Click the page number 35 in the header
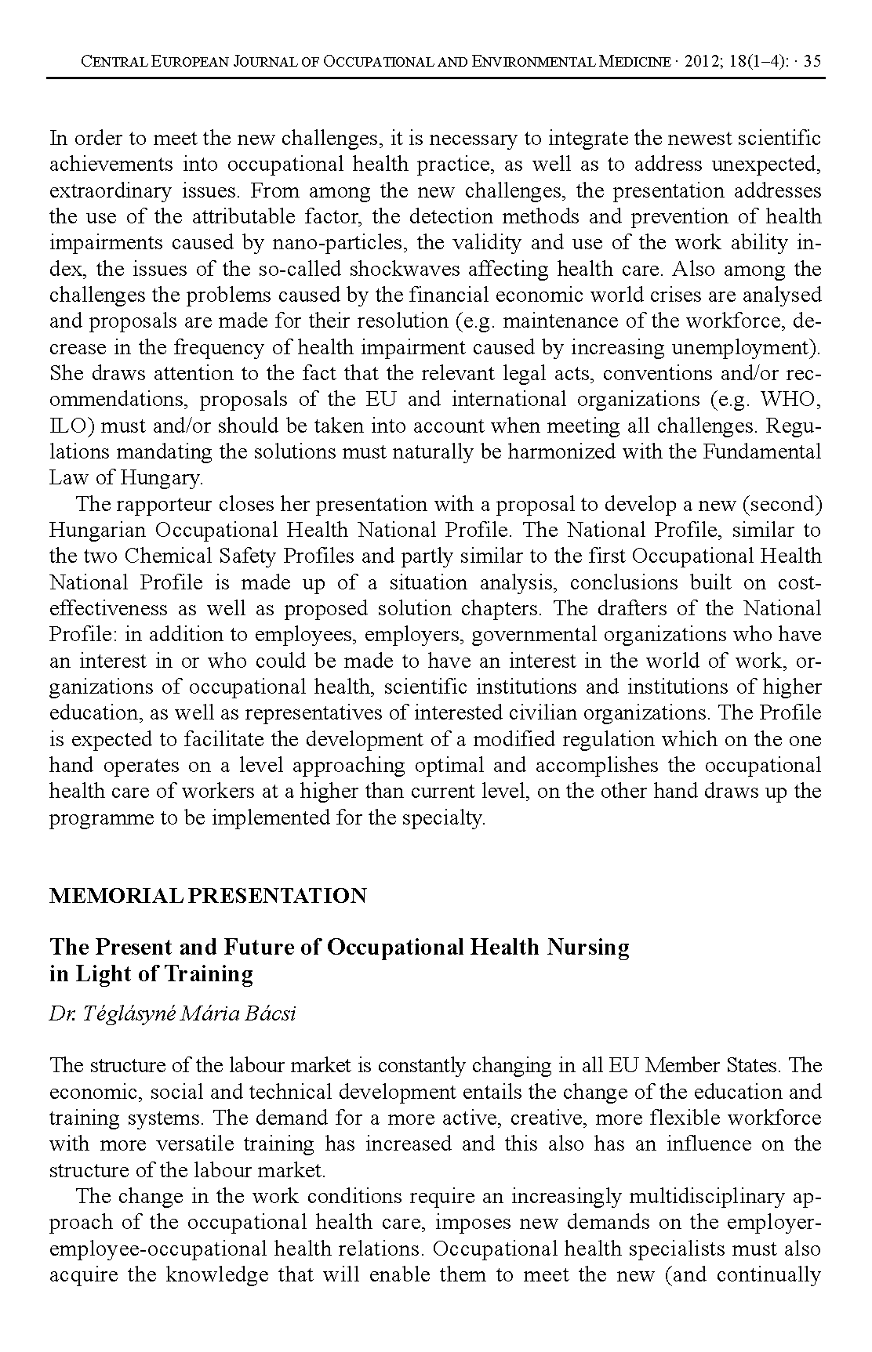[x=812, y=61]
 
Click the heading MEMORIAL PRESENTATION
[x=208, y=896]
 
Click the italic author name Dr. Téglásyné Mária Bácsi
[x=173, y=1014]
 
